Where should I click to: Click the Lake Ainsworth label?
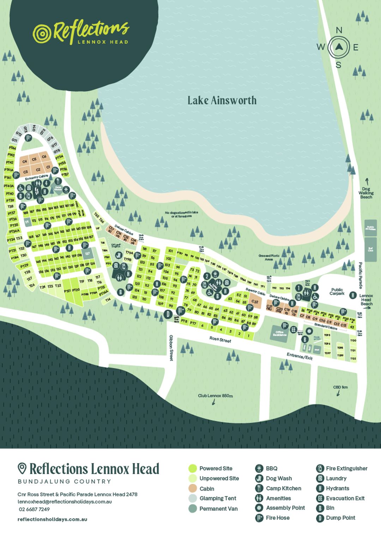coord(222,100)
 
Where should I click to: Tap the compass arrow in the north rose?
coord(339,47)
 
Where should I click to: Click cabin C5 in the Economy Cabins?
coord(34,159)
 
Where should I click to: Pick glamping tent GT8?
coord(57,151)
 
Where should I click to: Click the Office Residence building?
coord(279,333)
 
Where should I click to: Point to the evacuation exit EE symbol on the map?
coord(293,330)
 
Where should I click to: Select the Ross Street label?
coord(220,339)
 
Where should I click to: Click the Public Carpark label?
coord(337,291)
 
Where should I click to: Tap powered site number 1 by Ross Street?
coord(248,336)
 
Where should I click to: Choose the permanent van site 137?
coord(87,254)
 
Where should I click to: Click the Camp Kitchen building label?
coord(58,189)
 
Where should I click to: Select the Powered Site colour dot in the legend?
coord(192,468)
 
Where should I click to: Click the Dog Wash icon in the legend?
coord(259,478)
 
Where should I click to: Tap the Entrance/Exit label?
coord(300,356)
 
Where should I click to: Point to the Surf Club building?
coord(370,249)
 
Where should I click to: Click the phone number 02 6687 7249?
coord(34,509)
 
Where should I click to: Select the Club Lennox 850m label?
coord(215,396)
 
